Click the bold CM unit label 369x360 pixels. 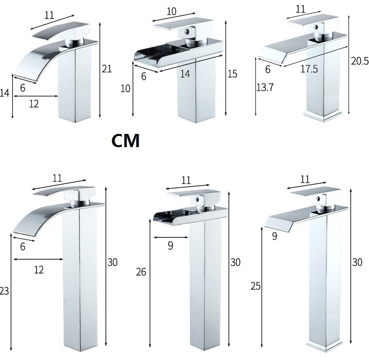pyautogui.click(x=125, y=141)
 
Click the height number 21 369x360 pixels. pyautogui.click(x=107, y=69)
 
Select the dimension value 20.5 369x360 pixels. pyautogui.click(x=360, y=61)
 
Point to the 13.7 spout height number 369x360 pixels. pyautogui.click(x=265, y=87)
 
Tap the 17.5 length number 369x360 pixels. pyautogui.click(x=309, y=69)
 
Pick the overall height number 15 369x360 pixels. pyautogui.click(x=232, y=74)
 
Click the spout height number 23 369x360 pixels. pyautogui.click(x=4, y=291)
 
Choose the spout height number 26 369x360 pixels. pyautogui.click(x=141, y=272)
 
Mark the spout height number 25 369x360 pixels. pyautogui.click(x=255, y=286)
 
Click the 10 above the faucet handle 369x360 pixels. pyautogui.click(x=171, y=12)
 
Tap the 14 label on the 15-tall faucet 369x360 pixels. pyautogui.click(x=185, y=74)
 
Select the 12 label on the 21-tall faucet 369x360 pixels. pyautogui.click(x=34, y=104)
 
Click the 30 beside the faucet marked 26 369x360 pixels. pyautogui.click(x=235, y=262)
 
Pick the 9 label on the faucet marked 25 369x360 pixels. pyautogui.click(x=274, y=236)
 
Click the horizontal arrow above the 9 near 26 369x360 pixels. pyautogui.click(x=171, y=238)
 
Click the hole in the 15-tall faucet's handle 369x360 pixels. pyautogui.click(x=187, y=31)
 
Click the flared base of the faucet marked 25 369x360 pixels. pyautogui.click(x=325, y=345)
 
